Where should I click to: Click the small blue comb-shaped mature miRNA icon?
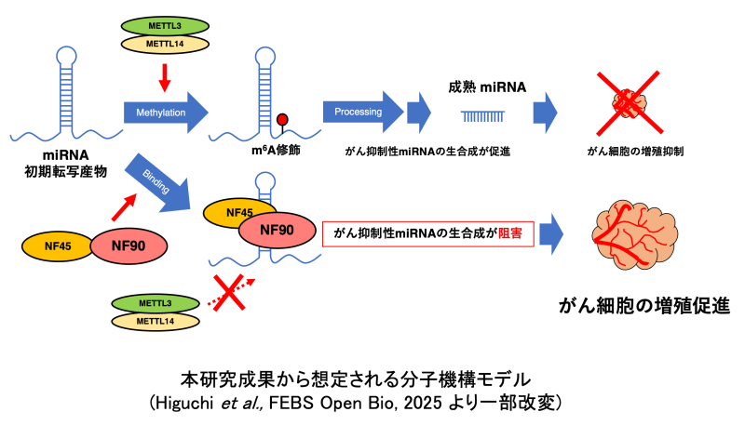(484, 115)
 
